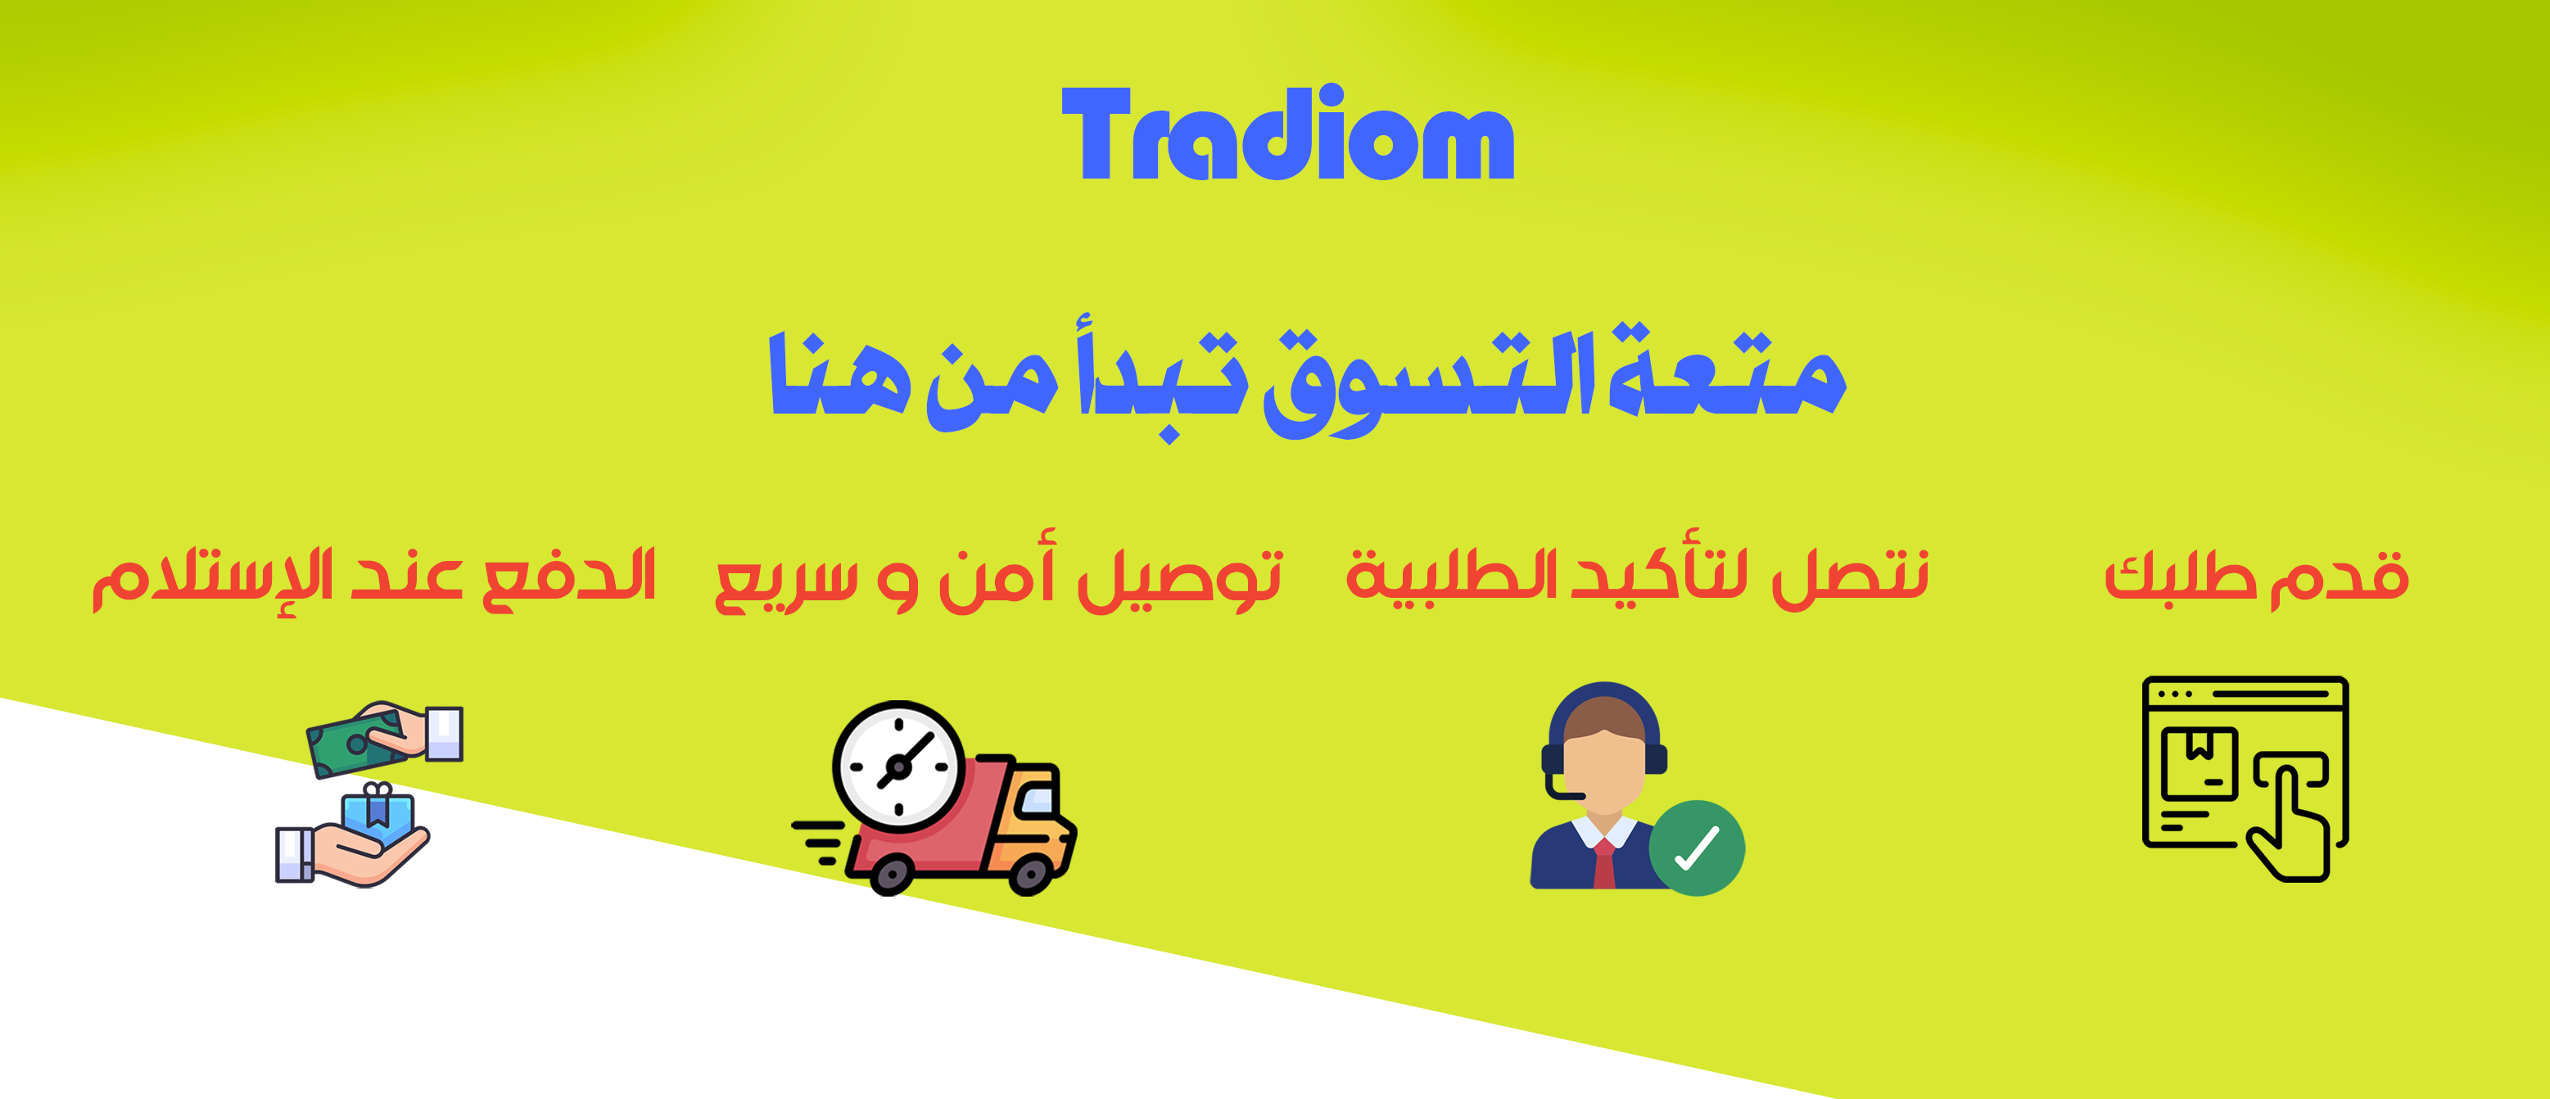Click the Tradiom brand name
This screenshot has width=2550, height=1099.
point(1288,133)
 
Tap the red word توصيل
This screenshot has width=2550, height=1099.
point(1179,578)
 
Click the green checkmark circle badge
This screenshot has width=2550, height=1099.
point(1697,848)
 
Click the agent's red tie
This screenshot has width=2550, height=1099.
point(1603,863)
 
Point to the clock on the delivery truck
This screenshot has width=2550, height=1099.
point(897,767)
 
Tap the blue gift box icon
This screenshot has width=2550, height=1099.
point(378,813)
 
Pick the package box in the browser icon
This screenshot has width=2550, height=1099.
point(2200,763)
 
